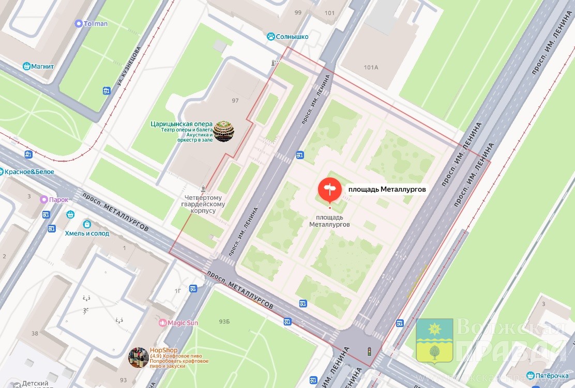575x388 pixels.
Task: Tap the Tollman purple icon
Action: coord(79,23)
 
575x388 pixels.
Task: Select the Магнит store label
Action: coord(42,66)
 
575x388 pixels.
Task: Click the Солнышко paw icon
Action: coord(270,36)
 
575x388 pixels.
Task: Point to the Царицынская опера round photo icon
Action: coord(224,131)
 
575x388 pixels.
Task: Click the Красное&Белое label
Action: coord(29,172)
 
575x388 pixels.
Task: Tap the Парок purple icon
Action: coord(45,200)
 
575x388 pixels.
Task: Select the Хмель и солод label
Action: coord(87,233)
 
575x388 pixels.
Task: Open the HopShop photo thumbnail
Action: coord(138,357)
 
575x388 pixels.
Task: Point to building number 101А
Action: coord(371,67)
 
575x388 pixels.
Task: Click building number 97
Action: coord(235,100)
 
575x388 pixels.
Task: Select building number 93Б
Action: coord(224,322)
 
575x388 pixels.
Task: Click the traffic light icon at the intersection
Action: coord(369,351)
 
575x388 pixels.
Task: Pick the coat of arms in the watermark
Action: coord(434,341)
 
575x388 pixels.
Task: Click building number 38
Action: coord(35,333)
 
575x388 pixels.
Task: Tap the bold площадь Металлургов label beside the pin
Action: coord(387,190)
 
